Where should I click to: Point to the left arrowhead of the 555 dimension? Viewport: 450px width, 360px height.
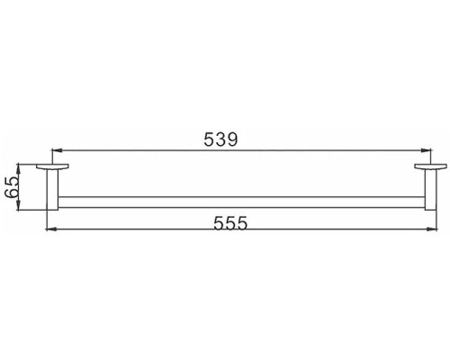(x=49, y=230)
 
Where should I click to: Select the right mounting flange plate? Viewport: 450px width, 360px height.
(x=426, y=170)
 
